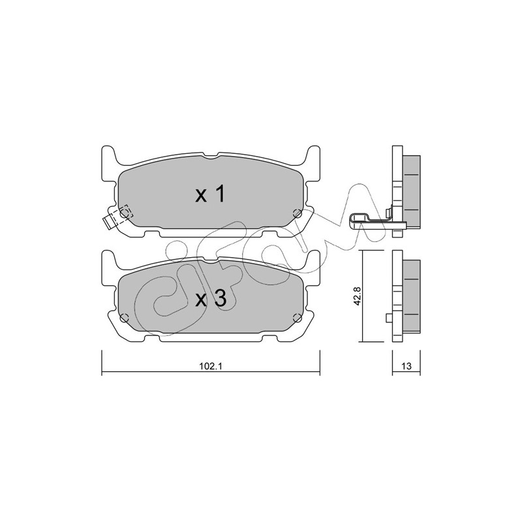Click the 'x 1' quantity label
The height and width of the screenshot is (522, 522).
[x=210, y=194]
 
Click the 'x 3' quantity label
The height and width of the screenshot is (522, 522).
[x=211, y=298]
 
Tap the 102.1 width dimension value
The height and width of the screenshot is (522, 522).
[x=210, y=366]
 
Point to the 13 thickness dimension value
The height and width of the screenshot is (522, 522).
[x=406, y=366]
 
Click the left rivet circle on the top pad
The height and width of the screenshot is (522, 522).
[x=124, y=213]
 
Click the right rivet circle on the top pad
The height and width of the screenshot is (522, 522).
[x=297, y=213]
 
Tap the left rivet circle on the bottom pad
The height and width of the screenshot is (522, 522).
[x=124, y=318]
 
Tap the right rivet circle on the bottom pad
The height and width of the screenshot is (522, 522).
[x=297, y=318]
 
